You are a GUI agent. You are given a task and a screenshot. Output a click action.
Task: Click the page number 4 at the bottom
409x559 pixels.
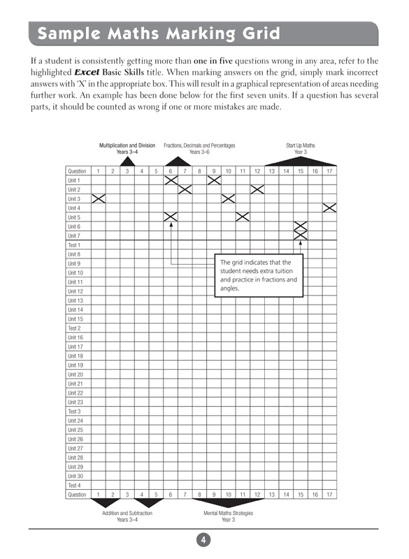pos(203,540)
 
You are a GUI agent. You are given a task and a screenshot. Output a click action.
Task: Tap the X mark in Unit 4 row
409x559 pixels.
pos(330,208)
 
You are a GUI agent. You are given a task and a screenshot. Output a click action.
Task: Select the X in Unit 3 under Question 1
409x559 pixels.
pos(98,198)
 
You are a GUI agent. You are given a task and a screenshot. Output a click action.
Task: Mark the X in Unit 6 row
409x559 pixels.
pos(301,226)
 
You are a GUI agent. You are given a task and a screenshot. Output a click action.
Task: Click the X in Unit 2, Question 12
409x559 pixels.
pos(257,189)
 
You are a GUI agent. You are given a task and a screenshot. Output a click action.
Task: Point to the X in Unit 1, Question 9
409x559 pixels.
pos(214,180)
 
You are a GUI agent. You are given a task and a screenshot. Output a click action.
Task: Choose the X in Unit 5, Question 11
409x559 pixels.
pos(243,217)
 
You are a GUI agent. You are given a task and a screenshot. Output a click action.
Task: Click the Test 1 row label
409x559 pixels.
pos(74,245)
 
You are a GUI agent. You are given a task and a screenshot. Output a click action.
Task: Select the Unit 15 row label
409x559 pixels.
pos(75,319)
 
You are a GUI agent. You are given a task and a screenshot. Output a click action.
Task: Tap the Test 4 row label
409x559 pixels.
pos(74,485)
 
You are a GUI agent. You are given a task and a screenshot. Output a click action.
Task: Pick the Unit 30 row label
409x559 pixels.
pos(75,476)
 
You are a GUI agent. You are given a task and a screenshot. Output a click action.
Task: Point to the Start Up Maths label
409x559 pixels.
pos(301,145)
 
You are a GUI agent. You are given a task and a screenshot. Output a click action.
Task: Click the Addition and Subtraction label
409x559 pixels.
pos(127,513)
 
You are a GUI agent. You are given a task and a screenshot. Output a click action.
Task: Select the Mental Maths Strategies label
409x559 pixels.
pos(228,513)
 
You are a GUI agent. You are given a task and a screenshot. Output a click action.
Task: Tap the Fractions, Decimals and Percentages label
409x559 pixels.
pos(199,145)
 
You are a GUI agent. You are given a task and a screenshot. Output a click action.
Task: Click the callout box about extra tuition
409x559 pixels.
pos(257,275)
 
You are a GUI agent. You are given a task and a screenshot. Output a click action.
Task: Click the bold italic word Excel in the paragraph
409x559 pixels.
pos(91,72)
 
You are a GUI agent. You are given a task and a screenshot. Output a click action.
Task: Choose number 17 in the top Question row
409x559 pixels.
pos(329,171)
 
